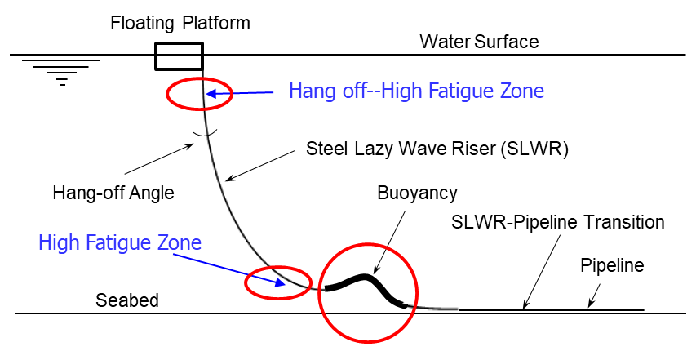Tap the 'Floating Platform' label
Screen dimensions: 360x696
180,22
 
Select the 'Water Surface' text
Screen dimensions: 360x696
479,41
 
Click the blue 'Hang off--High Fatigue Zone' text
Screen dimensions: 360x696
416,91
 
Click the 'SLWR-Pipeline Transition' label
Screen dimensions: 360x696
558,221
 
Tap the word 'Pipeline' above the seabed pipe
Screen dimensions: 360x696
612,264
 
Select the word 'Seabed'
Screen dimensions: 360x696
127,300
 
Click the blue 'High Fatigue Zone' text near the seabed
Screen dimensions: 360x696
119,242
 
